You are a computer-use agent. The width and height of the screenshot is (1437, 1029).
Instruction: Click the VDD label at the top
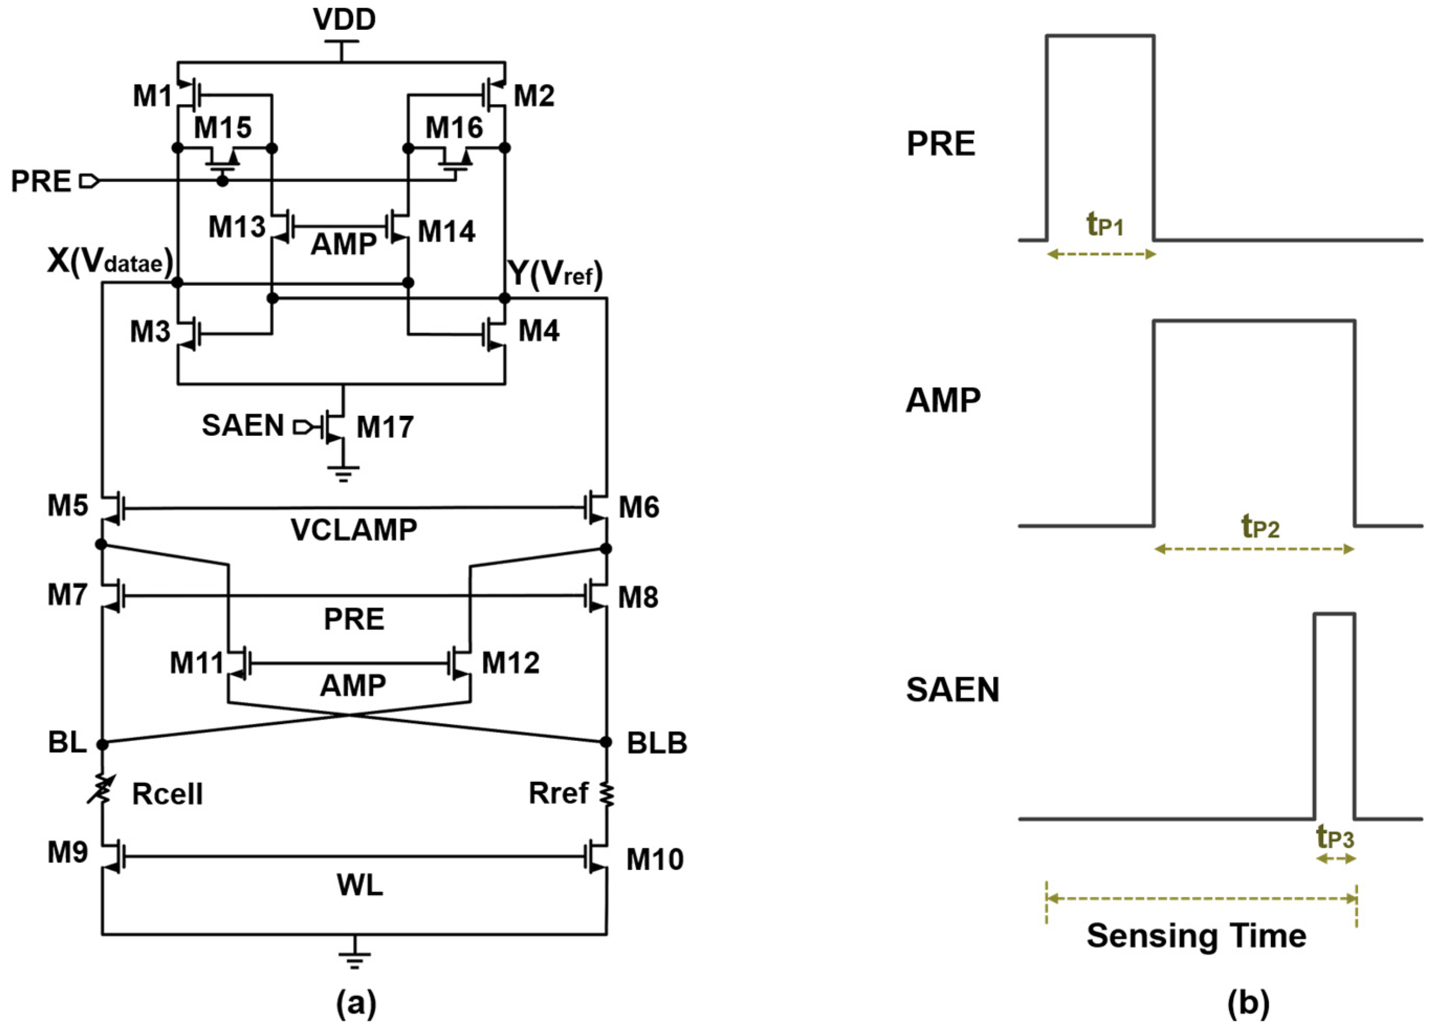click(344, 20)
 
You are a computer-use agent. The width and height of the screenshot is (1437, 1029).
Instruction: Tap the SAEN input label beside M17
click(242, 425)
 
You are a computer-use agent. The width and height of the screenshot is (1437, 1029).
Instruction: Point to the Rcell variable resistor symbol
click(102, 793)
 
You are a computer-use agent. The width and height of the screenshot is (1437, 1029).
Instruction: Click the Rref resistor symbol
click(607, 794)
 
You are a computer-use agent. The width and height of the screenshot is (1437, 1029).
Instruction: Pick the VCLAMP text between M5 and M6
click(353, 530)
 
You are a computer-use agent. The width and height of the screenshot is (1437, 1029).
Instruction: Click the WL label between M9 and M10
click(359, 885)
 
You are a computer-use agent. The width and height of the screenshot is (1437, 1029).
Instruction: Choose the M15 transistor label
click(223, 127)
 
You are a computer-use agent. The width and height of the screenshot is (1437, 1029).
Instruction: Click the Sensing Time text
click(1196, 935)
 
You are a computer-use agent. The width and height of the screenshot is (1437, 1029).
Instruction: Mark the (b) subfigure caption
click(1248, 1003)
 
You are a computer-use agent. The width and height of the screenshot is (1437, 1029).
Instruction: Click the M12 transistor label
click(510, 663)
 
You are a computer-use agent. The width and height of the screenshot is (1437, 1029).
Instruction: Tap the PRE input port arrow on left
click(89, 182)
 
